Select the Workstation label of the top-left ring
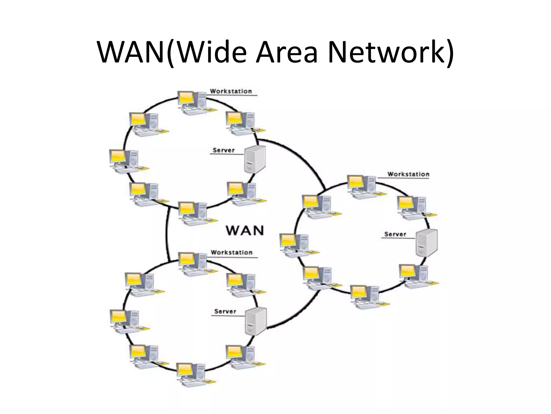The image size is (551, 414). [x=231, y=91]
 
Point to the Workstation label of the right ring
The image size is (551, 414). [x=408, y=174]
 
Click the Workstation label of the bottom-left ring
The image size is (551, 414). [x=231, y=253]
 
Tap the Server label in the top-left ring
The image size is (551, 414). [x=224, y=150]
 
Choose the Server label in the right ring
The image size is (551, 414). [x=395, y=234]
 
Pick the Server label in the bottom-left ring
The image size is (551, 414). [x=225, y=311]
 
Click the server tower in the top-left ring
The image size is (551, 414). [x=255, y=159]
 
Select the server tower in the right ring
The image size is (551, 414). [x=426, y=243]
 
